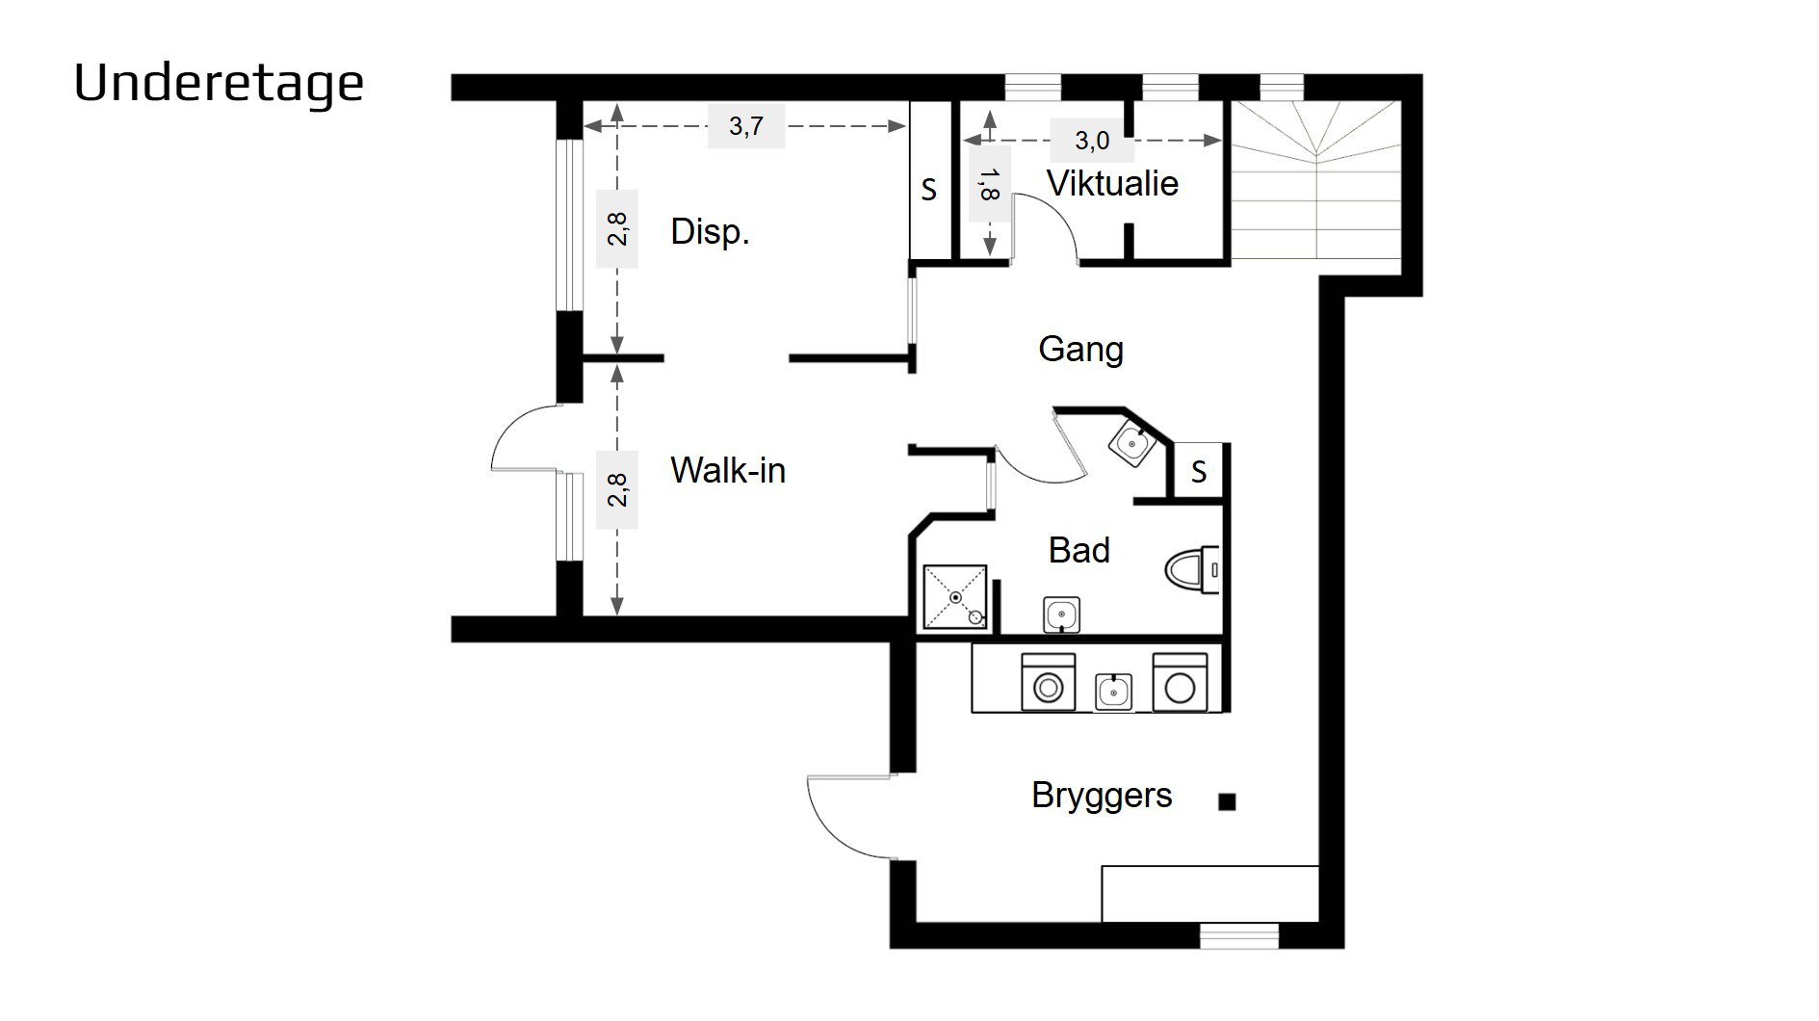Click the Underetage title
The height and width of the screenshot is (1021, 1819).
pos(219,84)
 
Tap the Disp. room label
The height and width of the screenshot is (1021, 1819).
pos(710,232)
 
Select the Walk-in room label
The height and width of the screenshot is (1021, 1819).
pos(728,471)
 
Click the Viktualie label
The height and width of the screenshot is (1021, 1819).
pos(1112,184)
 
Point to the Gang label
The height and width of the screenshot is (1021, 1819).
pos(1080,350)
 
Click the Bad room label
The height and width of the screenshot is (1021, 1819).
pos(1078,551)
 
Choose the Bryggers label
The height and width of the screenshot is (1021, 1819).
pos(1102,797)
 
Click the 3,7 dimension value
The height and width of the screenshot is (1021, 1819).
pos(746,126)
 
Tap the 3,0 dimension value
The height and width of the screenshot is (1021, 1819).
pos(1092,141)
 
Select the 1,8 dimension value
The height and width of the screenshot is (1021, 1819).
pos(988,183)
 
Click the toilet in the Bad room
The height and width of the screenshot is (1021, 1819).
pos(1193,570)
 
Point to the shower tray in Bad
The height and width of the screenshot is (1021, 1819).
pos(955,597)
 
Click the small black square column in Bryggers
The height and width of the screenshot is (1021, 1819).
pos(1227,801)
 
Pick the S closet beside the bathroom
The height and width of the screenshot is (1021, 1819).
pos(1198,471)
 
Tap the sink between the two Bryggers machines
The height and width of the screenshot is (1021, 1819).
pos(1114,692)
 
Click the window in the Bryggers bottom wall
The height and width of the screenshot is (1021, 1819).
pos(1239,935)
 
